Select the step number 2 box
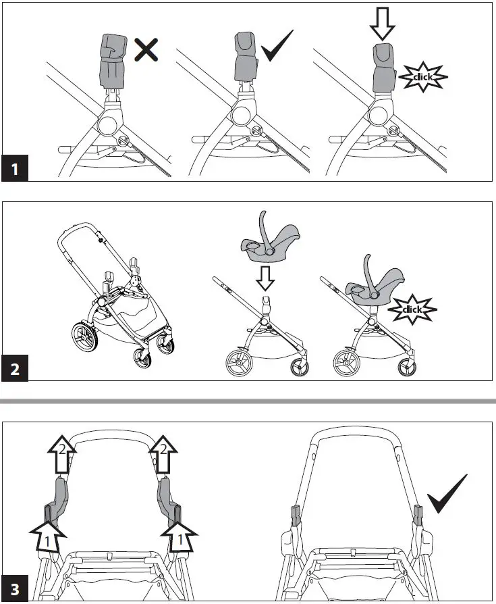[x=14, y=370]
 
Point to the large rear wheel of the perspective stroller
[x=84, y=337]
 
